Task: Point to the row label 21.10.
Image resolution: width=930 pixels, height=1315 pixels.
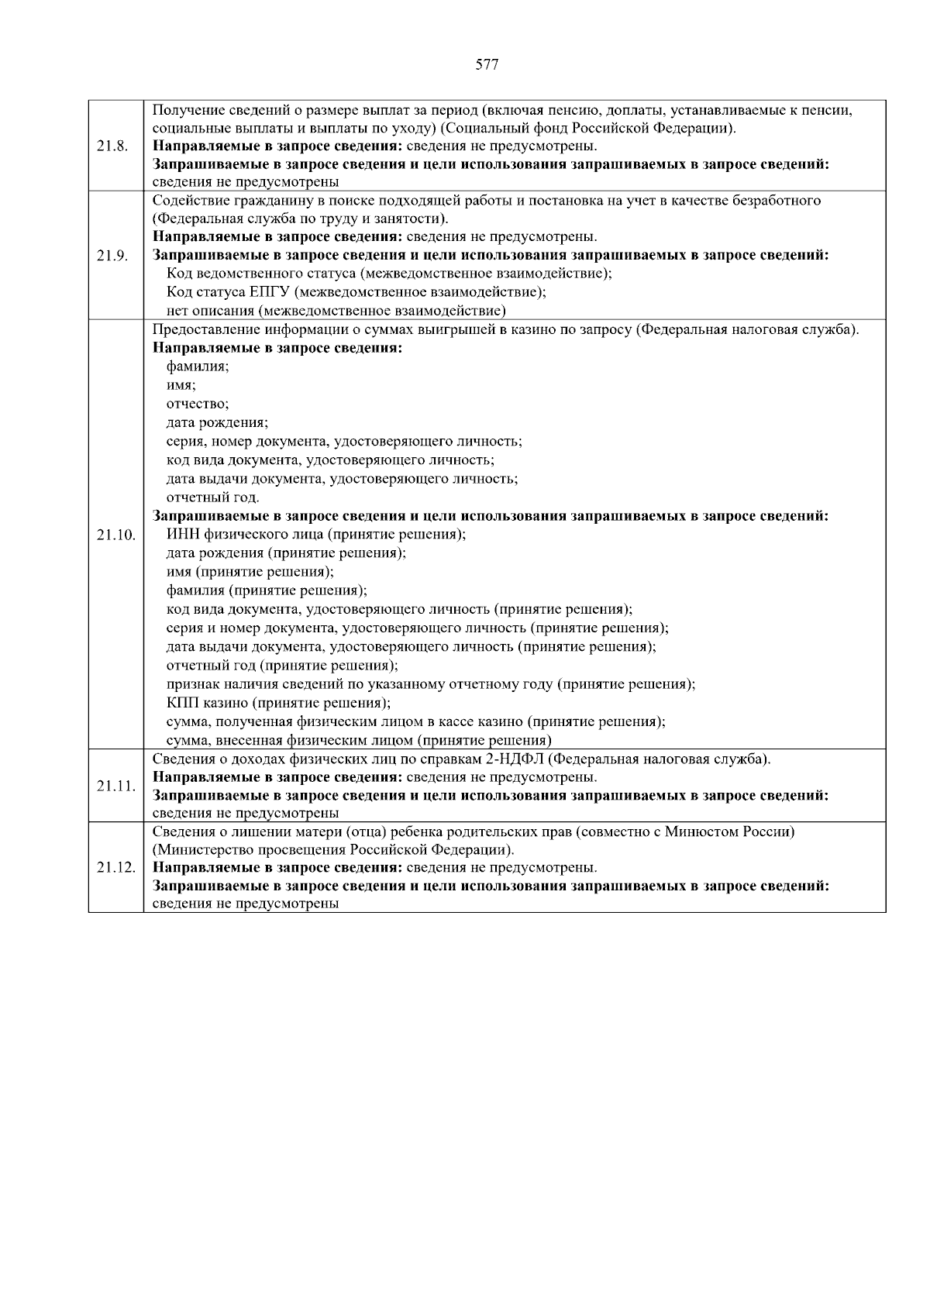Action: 115,535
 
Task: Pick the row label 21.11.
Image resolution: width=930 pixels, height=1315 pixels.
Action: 115,787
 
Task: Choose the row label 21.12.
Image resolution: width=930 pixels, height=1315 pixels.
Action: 115,868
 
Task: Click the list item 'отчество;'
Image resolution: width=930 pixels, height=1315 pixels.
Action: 198,404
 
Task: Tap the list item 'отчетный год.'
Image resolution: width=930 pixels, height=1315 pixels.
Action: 213,497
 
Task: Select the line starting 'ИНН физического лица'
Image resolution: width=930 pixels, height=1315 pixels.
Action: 316,535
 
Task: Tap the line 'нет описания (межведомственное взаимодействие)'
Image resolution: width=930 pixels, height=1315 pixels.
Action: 336,311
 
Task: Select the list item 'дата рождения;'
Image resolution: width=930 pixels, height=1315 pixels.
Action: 218,423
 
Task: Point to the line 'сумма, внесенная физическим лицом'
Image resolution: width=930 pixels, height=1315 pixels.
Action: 359,740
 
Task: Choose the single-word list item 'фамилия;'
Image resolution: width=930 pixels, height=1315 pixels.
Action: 198,367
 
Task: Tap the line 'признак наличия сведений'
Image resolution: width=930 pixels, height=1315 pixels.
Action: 431,684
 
